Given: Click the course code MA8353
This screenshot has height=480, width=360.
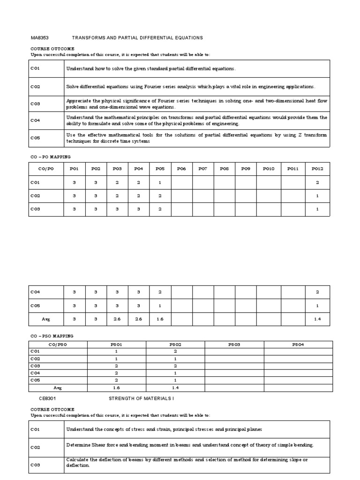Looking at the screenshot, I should [x=40, y=37].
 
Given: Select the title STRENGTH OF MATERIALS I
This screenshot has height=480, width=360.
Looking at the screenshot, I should [x=138, y=398].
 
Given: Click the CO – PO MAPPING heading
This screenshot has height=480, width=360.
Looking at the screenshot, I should [x=51, y=157].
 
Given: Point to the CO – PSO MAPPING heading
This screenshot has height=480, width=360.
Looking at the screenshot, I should [x=52, y=336].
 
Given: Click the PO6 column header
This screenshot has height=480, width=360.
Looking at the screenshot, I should [x=181, y=169].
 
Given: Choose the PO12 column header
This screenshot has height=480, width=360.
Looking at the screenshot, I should [x=317, y=169].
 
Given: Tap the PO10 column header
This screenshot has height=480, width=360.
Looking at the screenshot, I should [x=268, y=169].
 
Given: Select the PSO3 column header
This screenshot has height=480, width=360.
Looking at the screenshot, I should [x=234, y=345].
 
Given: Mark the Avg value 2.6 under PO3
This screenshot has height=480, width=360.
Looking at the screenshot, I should [x=117, y=319].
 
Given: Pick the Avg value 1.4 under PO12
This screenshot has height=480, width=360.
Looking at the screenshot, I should [x=317, y=319].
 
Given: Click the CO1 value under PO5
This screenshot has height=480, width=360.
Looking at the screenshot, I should [x=160, y=182].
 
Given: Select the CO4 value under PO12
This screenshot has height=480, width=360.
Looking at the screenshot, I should [x=317, y=292].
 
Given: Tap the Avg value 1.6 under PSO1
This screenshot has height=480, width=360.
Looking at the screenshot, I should [x=116, y=388].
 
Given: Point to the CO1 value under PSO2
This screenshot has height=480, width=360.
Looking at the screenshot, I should [x=175, y=351].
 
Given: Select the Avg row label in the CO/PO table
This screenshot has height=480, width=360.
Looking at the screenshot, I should [x=46, y=319].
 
